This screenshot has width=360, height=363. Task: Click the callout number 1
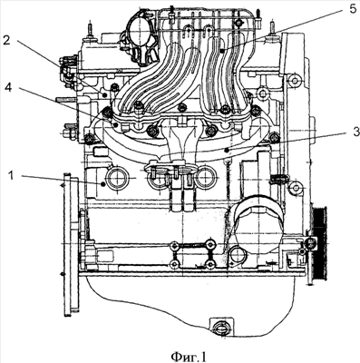click(11, 176)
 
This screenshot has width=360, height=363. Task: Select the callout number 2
click(6, 40)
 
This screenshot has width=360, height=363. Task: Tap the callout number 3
click(355, 132)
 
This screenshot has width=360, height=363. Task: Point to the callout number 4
click(9, 88)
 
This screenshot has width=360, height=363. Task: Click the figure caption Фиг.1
click(189, 357)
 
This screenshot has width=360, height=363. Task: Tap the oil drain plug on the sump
click(221, 328)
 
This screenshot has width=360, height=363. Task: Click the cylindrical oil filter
click(258, 224)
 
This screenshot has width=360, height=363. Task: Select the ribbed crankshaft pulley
click(320, 242)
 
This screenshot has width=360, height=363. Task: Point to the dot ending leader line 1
click(103, 183)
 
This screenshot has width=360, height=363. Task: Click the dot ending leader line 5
click(221, 52)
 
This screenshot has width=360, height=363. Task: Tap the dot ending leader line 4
click(115, 124)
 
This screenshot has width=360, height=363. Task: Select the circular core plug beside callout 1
click(116, 179)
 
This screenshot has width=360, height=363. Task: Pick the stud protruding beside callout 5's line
click(272, 29)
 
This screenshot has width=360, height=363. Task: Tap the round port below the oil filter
click(238, 255)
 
